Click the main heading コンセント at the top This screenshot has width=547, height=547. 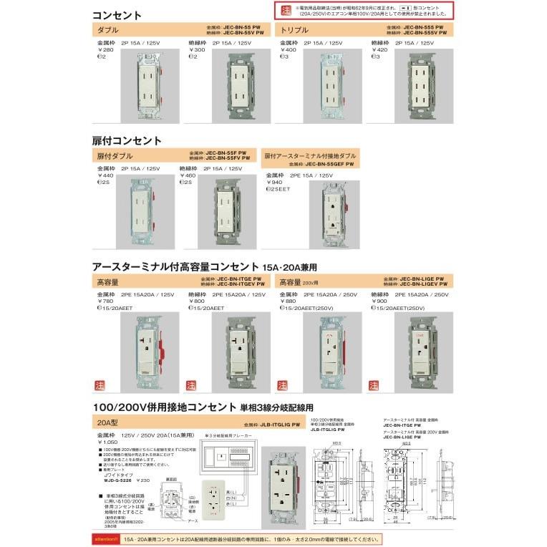tap(117, 14)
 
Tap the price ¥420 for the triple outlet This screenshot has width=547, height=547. tap(380, 49)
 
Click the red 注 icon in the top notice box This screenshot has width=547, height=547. tap(286, 10)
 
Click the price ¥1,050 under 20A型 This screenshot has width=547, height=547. tap(107, 443)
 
